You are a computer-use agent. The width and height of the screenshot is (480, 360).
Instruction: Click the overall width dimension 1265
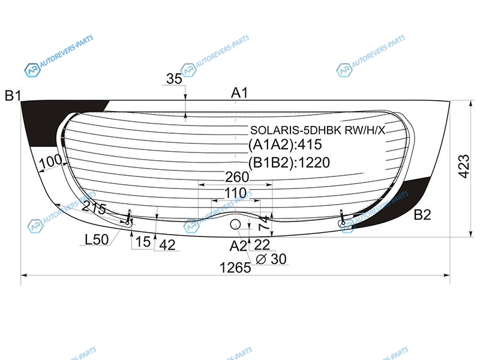point(235,268)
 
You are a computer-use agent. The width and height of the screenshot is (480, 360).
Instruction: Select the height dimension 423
point(464,166)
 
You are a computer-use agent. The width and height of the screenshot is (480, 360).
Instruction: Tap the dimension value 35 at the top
point(174,79)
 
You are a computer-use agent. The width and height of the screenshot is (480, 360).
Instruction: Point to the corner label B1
point(13,96)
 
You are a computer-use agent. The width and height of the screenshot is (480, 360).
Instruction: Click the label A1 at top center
point(239,92)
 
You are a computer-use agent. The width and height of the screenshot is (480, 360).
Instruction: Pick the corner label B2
point(422,215)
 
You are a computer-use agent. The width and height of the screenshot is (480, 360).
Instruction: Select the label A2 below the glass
point(238,246)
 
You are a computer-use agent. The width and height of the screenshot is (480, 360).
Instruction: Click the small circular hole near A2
point(235,224)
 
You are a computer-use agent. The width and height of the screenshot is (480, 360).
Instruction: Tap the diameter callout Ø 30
point(271,259)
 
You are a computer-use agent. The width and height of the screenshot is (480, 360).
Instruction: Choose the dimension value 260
point(237,177)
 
